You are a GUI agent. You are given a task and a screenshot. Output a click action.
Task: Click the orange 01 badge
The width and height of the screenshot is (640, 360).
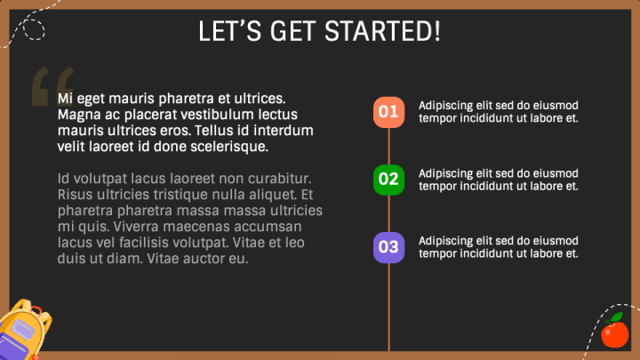pyautogui.click(x=388, y=112)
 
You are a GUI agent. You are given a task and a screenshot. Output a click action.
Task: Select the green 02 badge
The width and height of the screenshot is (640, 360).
pyautogui.click(x=388, y=179)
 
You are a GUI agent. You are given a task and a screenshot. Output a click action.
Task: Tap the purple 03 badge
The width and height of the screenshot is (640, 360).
pyautogui.click(x=388, y=246)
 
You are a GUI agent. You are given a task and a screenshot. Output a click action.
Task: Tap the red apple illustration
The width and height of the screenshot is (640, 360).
pyautogui.click(x=613, y=334)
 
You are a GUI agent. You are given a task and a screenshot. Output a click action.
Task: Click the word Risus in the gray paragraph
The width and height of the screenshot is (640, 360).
pyautogui.click(x=76, y=194)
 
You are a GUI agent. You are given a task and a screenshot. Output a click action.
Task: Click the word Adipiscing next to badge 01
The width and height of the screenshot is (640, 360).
pyautogui.click(x=445, y=106)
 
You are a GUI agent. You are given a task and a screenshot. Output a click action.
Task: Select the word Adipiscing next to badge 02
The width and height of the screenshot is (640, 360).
pyautogui.click(x=445, y=173)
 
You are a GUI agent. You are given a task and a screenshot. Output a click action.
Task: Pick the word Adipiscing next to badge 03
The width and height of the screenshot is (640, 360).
pyautogui.click(x=445, y=241)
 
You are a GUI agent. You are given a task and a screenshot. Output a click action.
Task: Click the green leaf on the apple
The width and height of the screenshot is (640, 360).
pyautogui.click(x=620, y=317)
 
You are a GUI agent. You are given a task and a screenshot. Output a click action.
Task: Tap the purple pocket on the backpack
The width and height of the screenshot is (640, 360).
pyautogui.click(x=19, y=339)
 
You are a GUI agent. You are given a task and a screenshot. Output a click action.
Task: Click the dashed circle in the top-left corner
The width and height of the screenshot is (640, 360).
pyautogui.click(x=33, y=29)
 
